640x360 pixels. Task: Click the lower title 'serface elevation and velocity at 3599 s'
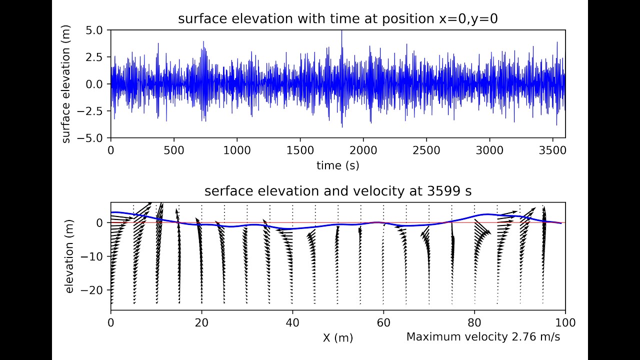pos(337,191)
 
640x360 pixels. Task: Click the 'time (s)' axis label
pos(337,165)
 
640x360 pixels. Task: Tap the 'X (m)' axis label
pos(337,338)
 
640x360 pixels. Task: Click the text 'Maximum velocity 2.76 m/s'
pos(483,337)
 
